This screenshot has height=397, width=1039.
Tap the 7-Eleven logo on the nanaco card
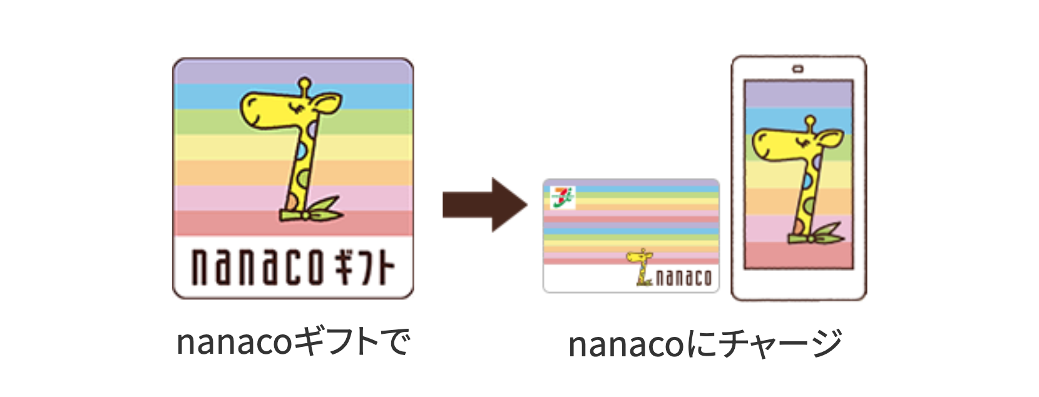click(x=562, y=197)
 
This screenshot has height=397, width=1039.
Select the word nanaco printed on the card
click(x=683, y=277)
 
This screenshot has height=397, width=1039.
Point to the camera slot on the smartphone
click(x=798, y=69)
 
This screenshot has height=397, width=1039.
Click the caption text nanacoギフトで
click(x=293, y=342)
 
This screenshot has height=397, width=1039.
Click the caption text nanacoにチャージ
click(x=705, y=343)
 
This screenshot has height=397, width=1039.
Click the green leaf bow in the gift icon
click(x=313, y=212)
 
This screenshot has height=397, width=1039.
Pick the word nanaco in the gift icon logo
click(x=257, y=267)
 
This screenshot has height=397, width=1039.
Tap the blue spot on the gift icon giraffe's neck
click(x=301, y=151)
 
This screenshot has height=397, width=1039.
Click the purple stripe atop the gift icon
click(x=293, y=72)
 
